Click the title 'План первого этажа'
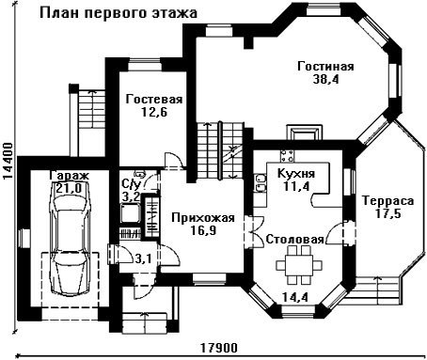pos(119,13)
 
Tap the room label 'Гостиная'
pos(325,67)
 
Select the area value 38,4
pos(326,79)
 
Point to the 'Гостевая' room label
pos(154,100)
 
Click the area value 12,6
pos(154,112)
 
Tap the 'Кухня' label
pos(296,173)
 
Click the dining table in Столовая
pos(299,265)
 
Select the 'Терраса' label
pos(387,200)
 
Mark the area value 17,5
pos(387,213)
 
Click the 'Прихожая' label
pos(203,218)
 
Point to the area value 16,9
pos(203,231)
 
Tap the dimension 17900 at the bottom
pos(219,348)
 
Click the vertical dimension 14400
pos(8,162)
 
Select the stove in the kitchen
pos(288,156)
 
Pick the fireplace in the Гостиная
pos(305,133)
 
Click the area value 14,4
pos(295,297)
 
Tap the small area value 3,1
pos(144,258)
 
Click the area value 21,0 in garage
pos(69,188)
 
